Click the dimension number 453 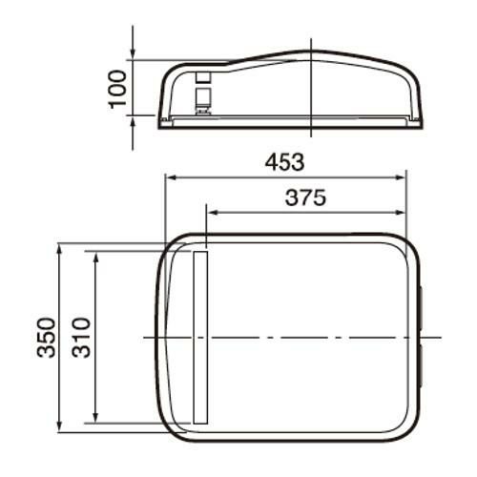[x=284, y=162]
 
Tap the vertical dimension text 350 [x=46, y=339]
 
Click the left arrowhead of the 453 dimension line [x=171, y=177]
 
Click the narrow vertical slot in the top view [x=199, y=337]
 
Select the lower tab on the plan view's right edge [x=420, y=367]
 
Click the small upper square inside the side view [x=202, y=75]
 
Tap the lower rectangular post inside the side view [x=202, y=98]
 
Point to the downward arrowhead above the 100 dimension [x=133, y=55]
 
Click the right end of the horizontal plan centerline [x=441, y=337]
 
